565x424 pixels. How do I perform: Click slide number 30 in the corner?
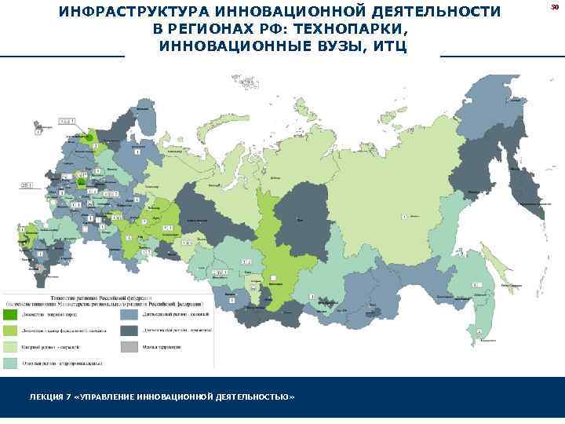click(x=553, y=6)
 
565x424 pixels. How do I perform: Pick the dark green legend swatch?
click(x=13, y=314)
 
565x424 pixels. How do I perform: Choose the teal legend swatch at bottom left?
click(x=13, y=364)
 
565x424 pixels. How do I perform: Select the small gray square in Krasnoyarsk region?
click(x=272, y=278)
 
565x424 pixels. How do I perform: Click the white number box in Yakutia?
click(x=404, y=215)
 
